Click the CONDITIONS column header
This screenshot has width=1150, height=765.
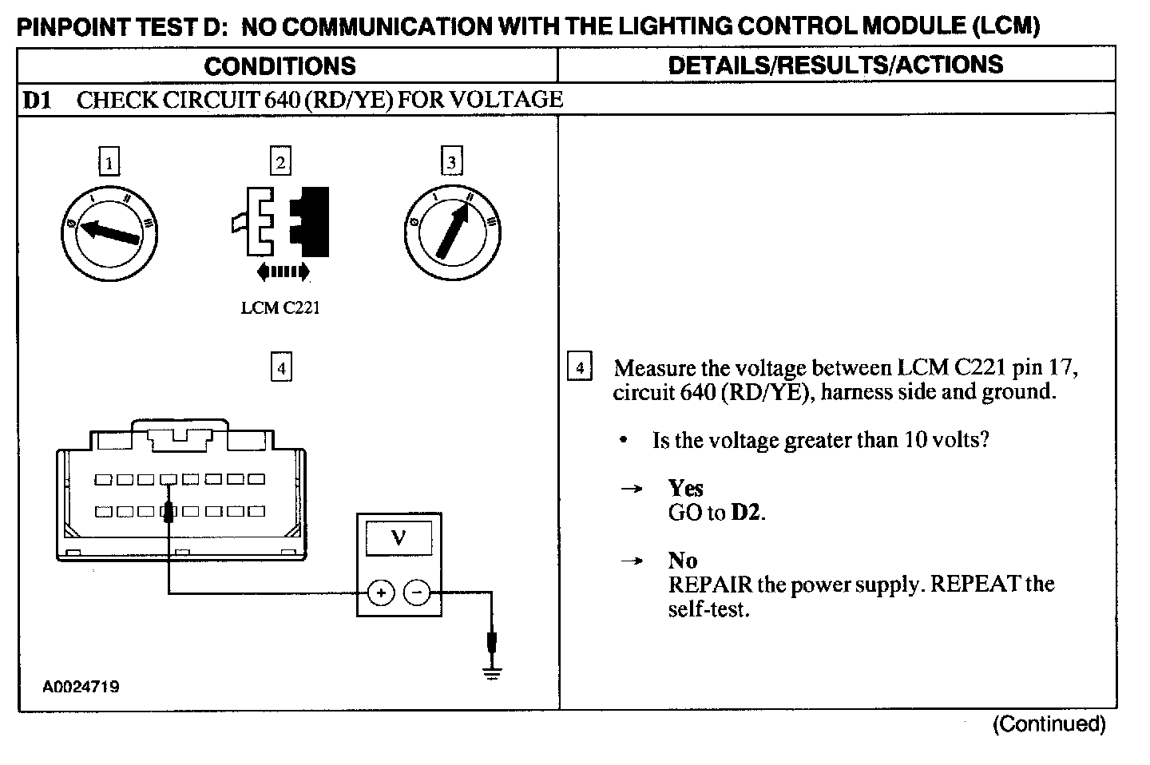click(280, 65)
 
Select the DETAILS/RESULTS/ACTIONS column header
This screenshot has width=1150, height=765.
click(835, 65)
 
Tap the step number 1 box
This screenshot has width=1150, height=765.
click(109, 163)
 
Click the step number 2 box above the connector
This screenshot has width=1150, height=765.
click(280, 162)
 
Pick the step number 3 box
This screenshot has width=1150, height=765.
click(452, 162)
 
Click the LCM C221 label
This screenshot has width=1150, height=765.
click(280, 308)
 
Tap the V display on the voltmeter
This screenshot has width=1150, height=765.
click(399, 539)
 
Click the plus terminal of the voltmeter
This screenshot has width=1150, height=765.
click(381, 593)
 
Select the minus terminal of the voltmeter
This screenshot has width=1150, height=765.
click(417, 593)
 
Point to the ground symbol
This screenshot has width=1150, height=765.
click(493, 672)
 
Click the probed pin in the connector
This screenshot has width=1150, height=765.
click(169, 511)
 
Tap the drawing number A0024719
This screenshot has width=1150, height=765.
click(81, 687)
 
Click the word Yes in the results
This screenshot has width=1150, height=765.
click(685, 488)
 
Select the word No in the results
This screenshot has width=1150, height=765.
click(683, 561)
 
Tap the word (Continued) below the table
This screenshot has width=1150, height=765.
click(1049, 724)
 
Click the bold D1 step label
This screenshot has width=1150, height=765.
click(38, 100)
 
